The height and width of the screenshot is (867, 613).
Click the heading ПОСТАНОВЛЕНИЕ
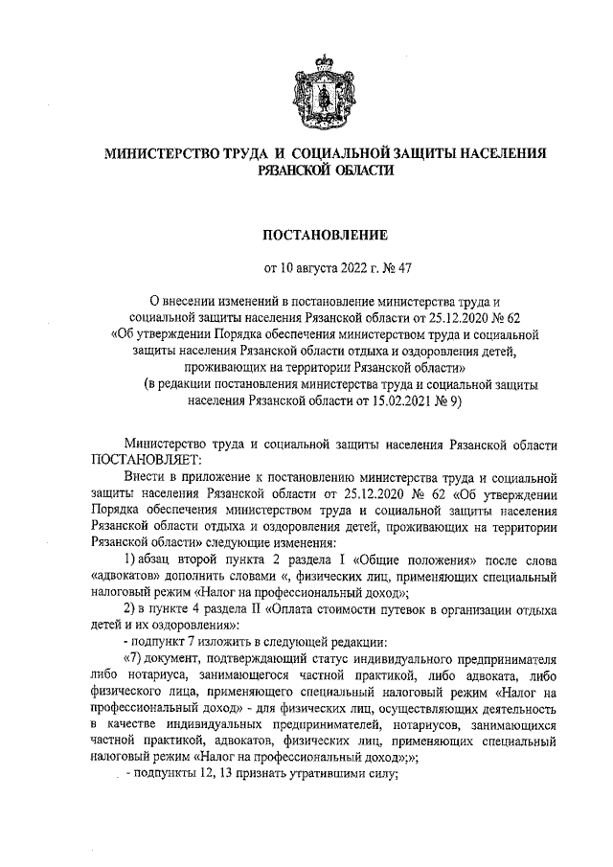click(x=325, y=233)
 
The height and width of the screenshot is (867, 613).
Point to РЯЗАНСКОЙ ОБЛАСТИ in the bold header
click(x=326, y=169)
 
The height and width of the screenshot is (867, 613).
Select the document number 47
click(x=404, y=268)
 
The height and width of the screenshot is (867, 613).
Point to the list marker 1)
click(x=133, y=559)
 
